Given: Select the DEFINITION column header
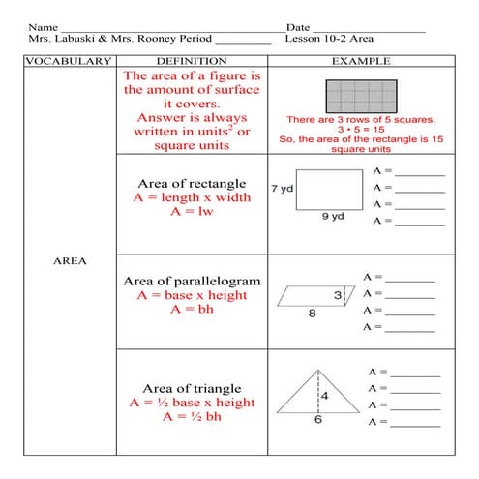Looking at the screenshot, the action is (191, 61).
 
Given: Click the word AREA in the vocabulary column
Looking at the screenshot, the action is (68, 260).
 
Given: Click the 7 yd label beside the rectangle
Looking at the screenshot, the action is (282, 188).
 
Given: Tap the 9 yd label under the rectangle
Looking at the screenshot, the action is (333, 217).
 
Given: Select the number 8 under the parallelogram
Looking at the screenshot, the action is (313, 313).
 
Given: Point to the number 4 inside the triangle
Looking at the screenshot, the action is (325, 396).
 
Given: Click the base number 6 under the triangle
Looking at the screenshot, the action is (318, 420).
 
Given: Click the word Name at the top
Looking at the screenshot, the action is (42, 26).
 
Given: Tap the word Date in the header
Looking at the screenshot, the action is (299, 26).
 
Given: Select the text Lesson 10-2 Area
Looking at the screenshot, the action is (330, 40).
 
